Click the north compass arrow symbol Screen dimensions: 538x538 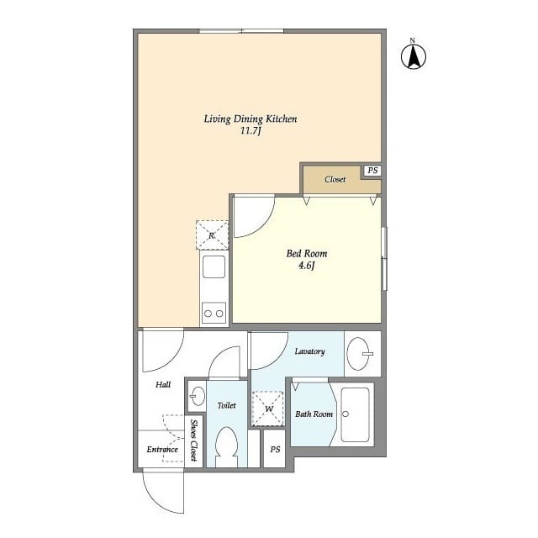click(x=413, y=55)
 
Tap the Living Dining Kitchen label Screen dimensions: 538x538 click(x=250, y=119)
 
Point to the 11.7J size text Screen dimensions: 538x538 click(x=251, y=132)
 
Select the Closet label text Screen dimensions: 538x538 click(x=335, y=179)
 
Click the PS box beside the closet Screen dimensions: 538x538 click(x=372, y=171)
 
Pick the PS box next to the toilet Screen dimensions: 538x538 click(x=275, y=450)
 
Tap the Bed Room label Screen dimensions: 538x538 click(x=307, y=253)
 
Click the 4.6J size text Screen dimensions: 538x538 click(x=307, y=266)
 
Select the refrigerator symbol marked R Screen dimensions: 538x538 click(x=212, y=235)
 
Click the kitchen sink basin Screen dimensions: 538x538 click(x=213, y=269)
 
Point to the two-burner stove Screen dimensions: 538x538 click(x=214, y=314)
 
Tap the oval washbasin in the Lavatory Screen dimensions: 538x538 click(x=360, y=354)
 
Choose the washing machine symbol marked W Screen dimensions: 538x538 click(x=269, y=409)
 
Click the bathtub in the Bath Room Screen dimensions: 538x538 click(x=356, y=415)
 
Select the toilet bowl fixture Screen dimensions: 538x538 click(x=227, y=446)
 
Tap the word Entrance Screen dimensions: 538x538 click(x=162, y=450)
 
